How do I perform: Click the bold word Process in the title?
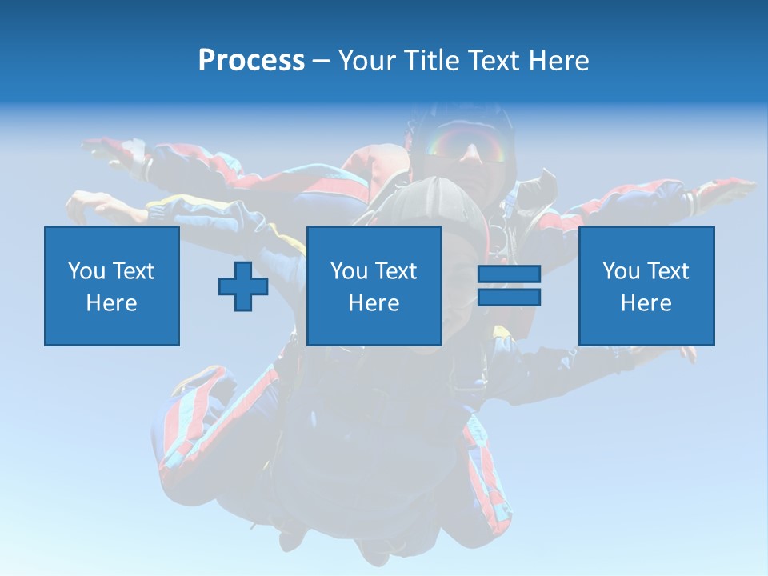point(251,61)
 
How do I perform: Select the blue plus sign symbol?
point(243,286)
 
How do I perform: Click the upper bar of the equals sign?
point(509,274)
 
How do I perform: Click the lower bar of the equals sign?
point(509,298)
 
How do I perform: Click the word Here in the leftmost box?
point(111,303)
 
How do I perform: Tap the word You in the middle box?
point(348,271)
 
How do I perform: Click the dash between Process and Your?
point(321,61)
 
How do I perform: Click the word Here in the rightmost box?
point(646,303)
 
